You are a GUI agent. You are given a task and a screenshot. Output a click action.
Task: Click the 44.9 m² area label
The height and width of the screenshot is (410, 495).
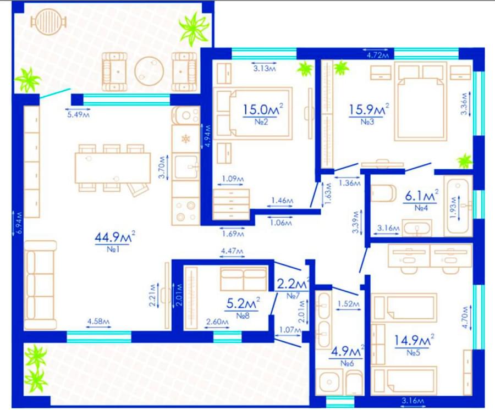115,237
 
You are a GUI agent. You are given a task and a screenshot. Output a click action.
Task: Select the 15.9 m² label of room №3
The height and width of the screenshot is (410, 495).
369,109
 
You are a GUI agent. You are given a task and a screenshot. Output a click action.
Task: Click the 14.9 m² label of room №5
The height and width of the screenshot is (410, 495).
414,340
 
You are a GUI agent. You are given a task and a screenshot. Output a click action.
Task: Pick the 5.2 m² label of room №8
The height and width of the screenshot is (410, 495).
243,303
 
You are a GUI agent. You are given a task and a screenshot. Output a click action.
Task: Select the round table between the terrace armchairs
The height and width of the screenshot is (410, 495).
149,71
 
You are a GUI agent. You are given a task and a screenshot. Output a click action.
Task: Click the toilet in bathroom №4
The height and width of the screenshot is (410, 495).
383,193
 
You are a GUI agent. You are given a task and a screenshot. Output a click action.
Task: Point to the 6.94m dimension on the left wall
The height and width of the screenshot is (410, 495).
20,222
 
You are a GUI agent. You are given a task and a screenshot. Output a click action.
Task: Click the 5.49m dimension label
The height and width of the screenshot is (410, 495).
78,115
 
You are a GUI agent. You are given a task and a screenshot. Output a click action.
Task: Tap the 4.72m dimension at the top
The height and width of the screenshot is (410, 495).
378,56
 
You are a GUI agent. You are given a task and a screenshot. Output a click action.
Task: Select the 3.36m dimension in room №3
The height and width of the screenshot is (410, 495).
464,104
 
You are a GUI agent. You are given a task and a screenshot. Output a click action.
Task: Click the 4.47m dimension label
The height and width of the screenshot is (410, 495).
232,251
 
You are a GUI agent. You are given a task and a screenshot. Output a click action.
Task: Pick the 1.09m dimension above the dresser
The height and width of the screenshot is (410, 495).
233,179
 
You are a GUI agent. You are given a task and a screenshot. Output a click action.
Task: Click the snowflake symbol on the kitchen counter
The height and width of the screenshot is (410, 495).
186,138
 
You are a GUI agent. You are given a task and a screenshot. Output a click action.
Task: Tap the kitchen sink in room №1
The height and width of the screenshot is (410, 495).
186,166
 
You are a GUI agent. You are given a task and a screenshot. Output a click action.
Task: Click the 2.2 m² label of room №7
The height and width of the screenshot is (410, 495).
293,285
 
